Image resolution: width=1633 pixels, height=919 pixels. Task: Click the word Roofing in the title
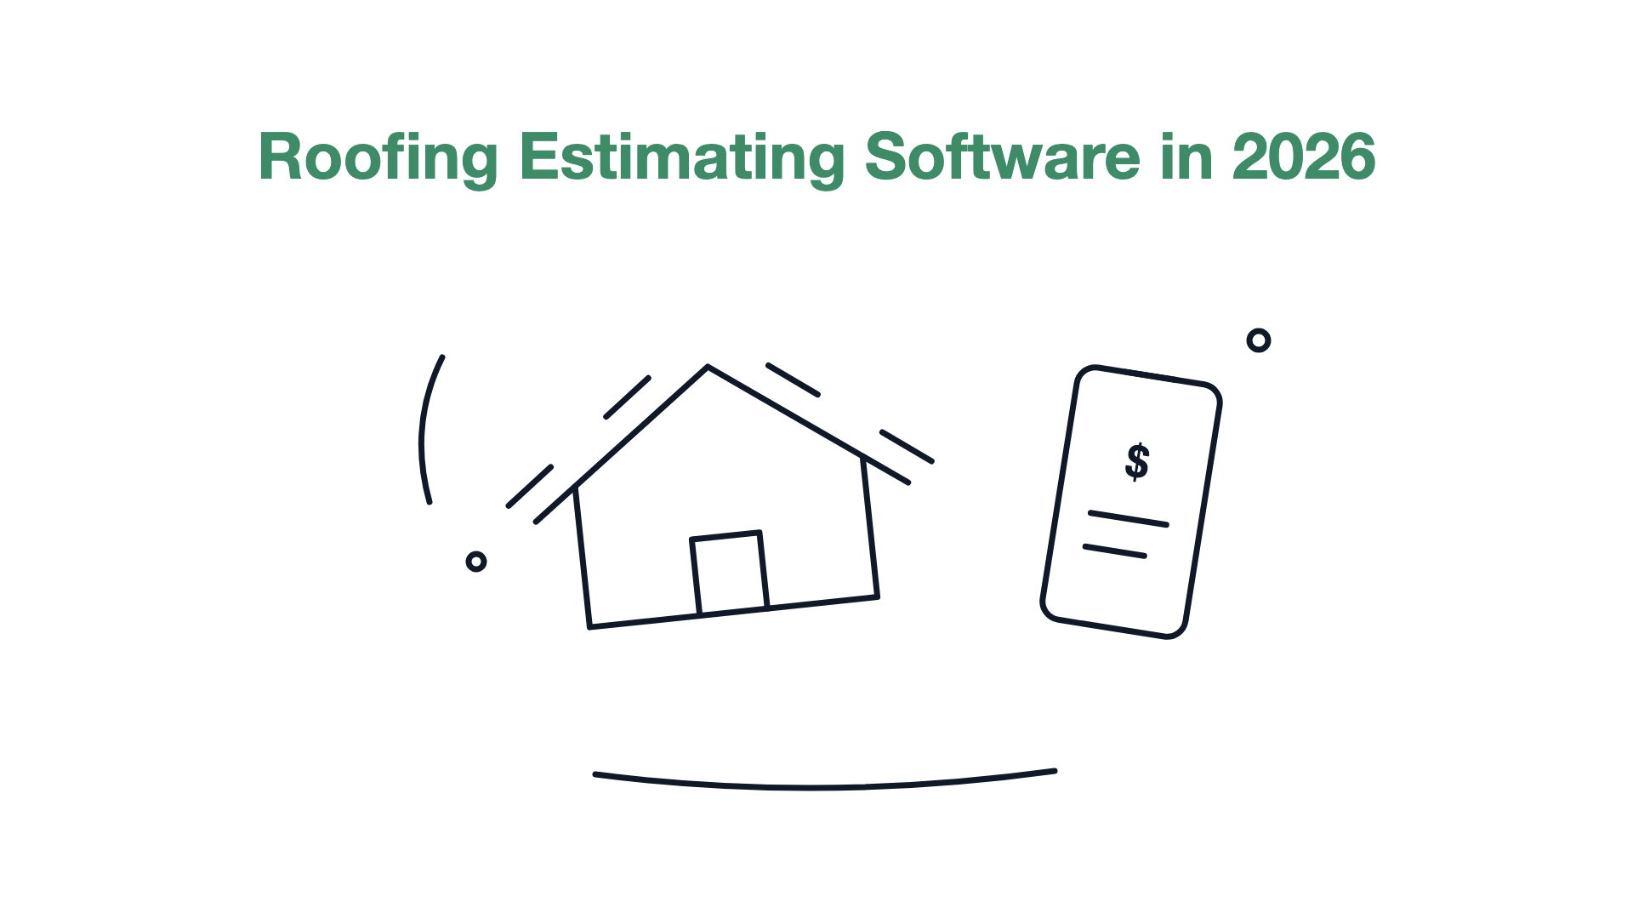click(378, 159)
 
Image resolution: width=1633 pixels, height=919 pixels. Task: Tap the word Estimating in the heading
click(682, 159)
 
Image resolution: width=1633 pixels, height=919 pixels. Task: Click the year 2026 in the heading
click(1304, 157)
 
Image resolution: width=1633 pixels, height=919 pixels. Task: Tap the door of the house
click(730, 573)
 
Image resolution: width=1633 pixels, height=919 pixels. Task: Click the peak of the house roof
click(708, 367)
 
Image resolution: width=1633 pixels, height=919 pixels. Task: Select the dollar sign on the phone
click(1137, 462)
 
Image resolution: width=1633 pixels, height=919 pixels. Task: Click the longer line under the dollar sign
click(1129, 519)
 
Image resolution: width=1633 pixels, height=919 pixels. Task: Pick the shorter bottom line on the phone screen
click(1115, 551)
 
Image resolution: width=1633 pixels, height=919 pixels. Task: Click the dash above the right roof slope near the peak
click(793, 380)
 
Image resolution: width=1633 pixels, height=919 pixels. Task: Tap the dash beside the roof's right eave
click(907, 447)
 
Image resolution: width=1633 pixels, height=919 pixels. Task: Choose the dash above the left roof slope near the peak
click(627, 397)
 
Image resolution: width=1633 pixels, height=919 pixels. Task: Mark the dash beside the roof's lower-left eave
click(530, 487)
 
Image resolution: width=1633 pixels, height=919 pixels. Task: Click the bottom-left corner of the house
click(589, 627)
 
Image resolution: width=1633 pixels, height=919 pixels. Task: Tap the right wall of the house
click(870, 528)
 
